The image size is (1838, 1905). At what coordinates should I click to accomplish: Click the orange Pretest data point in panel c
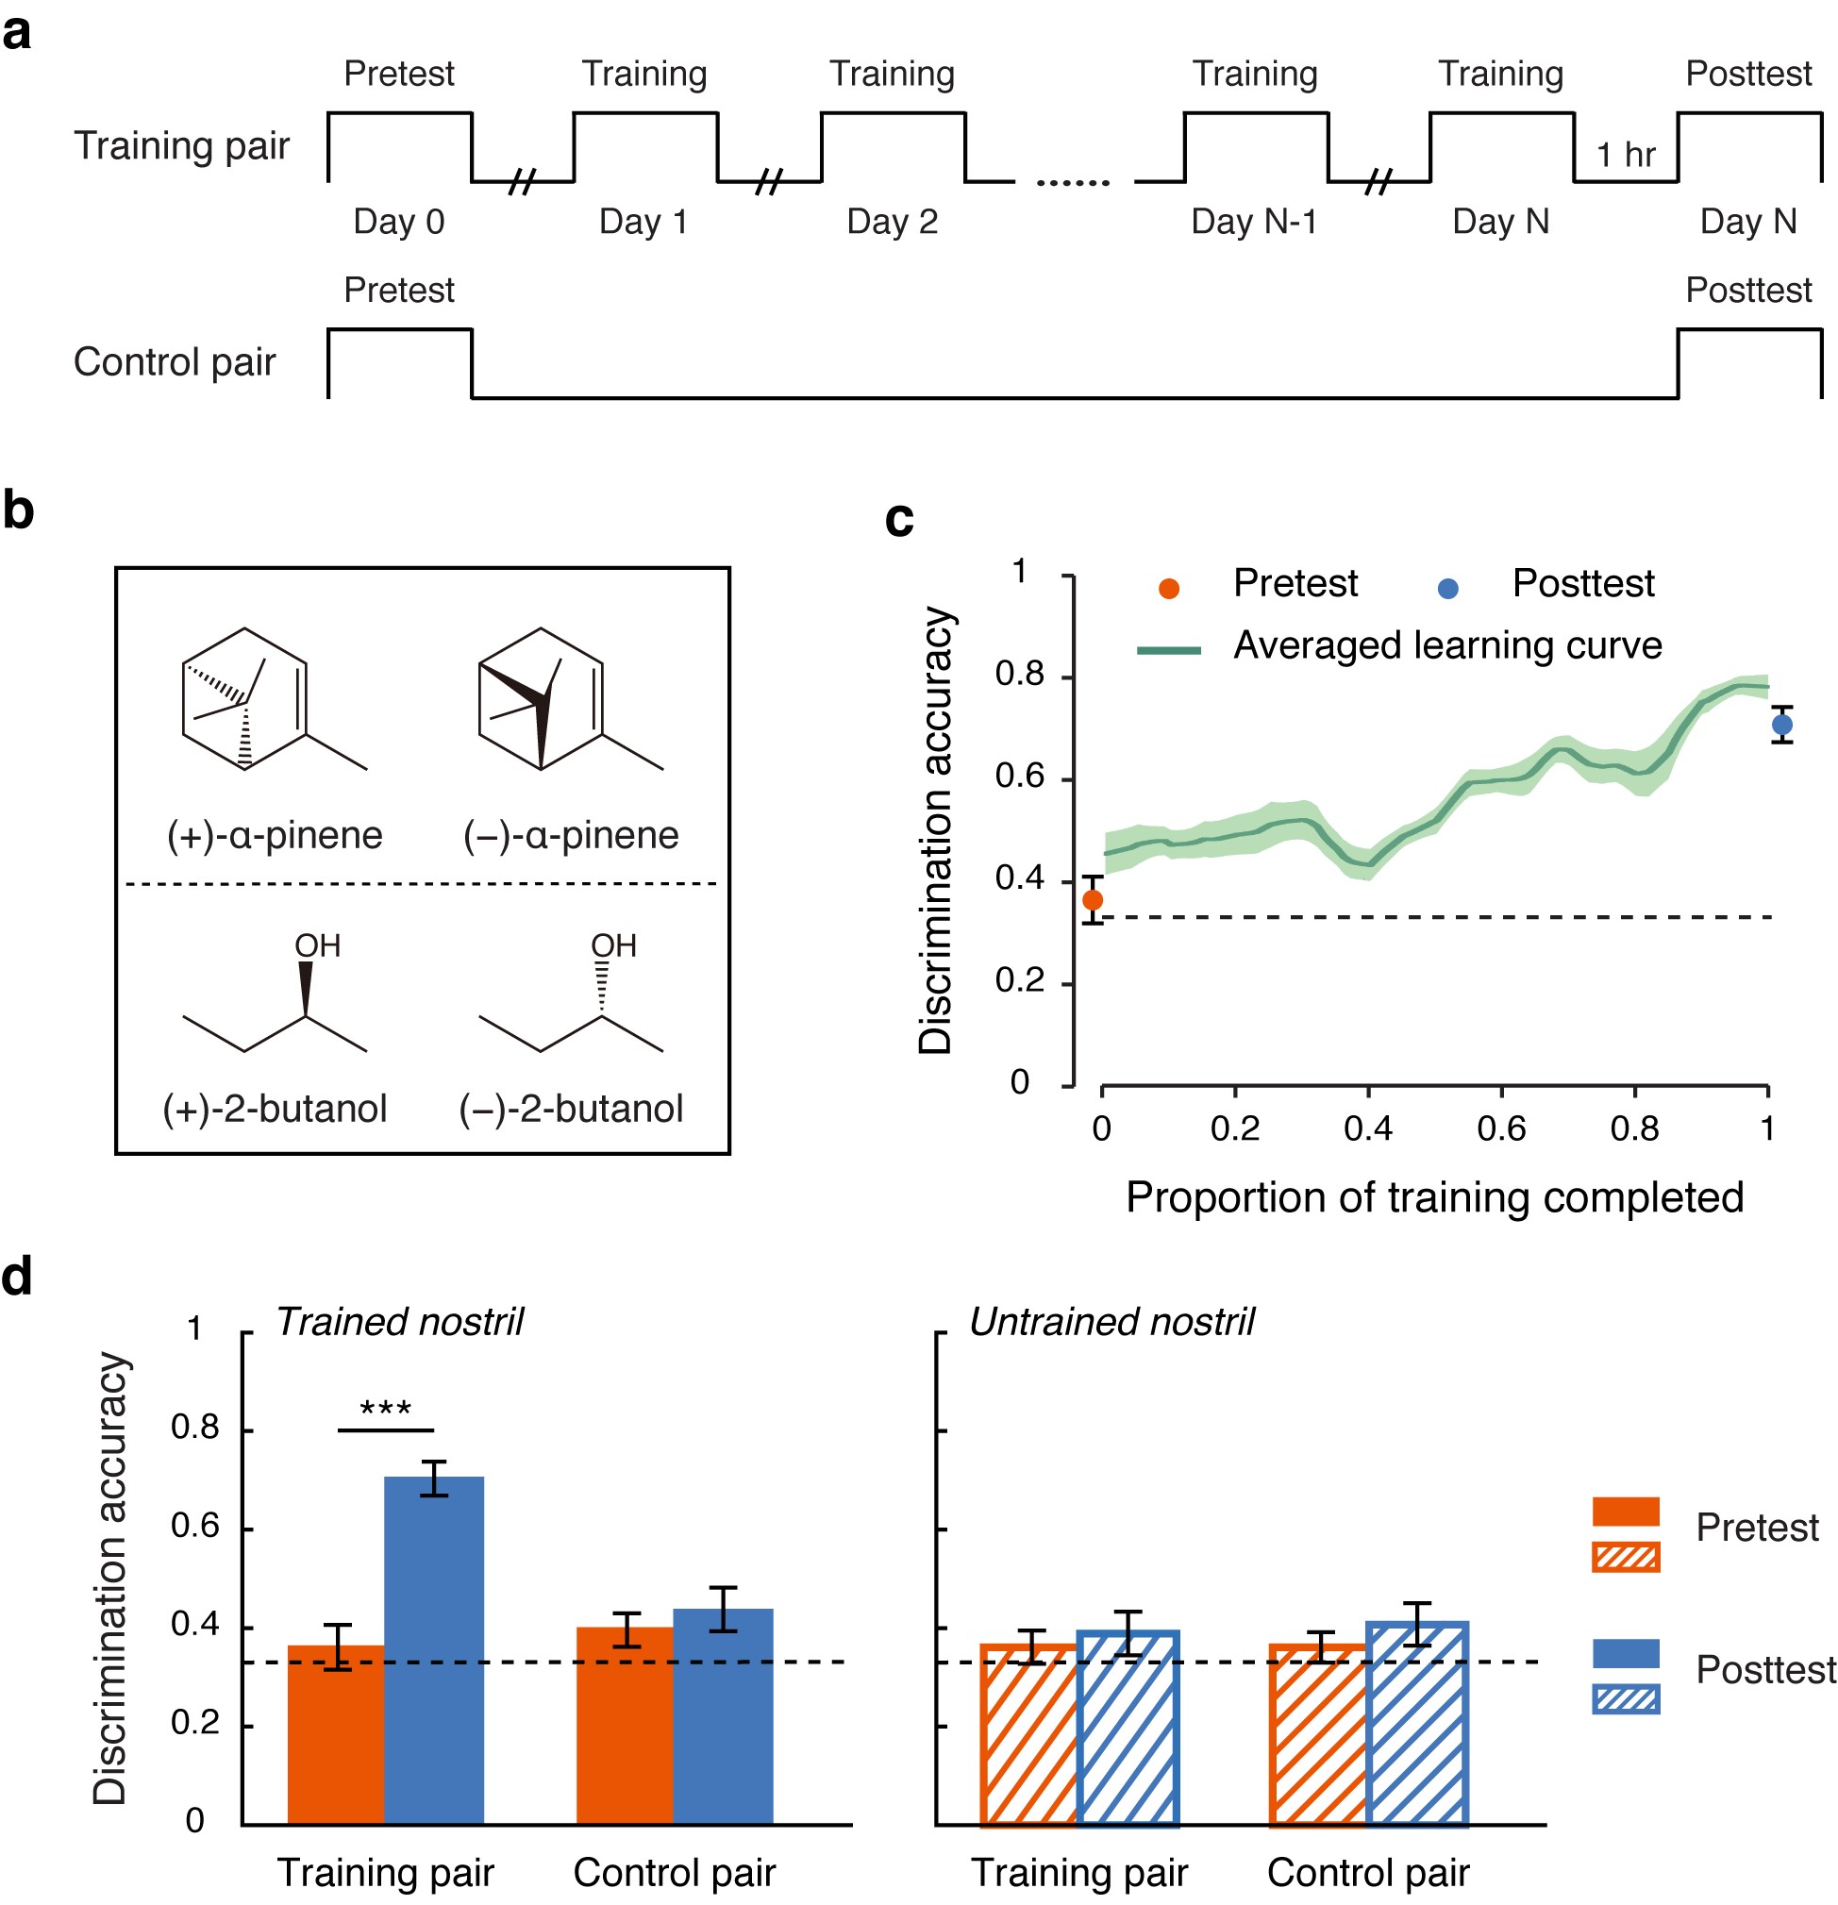1093,901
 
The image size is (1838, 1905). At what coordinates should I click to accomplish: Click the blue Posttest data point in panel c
1781,725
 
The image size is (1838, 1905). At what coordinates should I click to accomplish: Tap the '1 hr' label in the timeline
1625,155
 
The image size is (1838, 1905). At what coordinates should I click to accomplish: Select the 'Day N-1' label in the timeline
1254,223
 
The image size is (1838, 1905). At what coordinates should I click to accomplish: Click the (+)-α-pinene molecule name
276,836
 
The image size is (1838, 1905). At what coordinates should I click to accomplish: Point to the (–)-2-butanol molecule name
571,1109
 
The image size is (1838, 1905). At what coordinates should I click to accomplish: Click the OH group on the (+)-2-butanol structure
317,945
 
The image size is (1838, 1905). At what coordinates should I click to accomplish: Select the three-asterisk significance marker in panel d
386,1409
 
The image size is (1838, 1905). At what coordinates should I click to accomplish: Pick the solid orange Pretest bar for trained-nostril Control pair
625,1725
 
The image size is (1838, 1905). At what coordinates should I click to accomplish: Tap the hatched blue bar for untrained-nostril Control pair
1417,1724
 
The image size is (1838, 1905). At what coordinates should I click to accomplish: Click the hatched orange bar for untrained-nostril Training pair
1030,1735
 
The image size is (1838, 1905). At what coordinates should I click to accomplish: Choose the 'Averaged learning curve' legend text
1447,646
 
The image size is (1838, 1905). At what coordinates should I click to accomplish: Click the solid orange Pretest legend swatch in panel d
1625,1512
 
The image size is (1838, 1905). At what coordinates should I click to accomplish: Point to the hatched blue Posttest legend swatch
1625,1699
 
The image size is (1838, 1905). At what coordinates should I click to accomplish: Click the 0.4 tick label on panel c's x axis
1367,1128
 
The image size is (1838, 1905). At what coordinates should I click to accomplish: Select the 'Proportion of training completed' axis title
1434,1197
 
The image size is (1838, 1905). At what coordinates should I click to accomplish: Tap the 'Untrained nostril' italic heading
1111,1322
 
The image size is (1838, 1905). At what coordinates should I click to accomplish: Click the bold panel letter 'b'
19,511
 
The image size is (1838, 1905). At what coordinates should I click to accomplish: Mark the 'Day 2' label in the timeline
893,223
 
